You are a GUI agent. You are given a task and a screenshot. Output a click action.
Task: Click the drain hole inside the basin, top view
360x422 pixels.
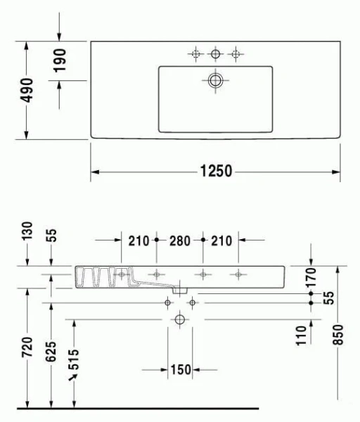[x=216, y=81]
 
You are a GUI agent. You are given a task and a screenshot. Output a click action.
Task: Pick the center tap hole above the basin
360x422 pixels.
[x=216, y=53]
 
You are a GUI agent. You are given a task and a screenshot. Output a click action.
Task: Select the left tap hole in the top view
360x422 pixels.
[x=195, y=53]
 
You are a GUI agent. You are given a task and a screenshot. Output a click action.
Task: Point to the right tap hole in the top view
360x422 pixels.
[x=236, y=53]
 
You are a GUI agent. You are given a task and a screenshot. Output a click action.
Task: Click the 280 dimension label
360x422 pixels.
[x=180, y=241]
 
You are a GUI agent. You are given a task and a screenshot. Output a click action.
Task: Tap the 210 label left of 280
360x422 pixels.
[x=139, y=241]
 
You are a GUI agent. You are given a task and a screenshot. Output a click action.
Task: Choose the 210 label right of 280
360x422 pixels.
[x=221, y=241]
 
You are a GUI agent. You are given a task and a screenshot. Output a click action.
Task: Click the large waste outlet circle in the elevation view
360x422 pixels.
[x=179, y=320]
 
